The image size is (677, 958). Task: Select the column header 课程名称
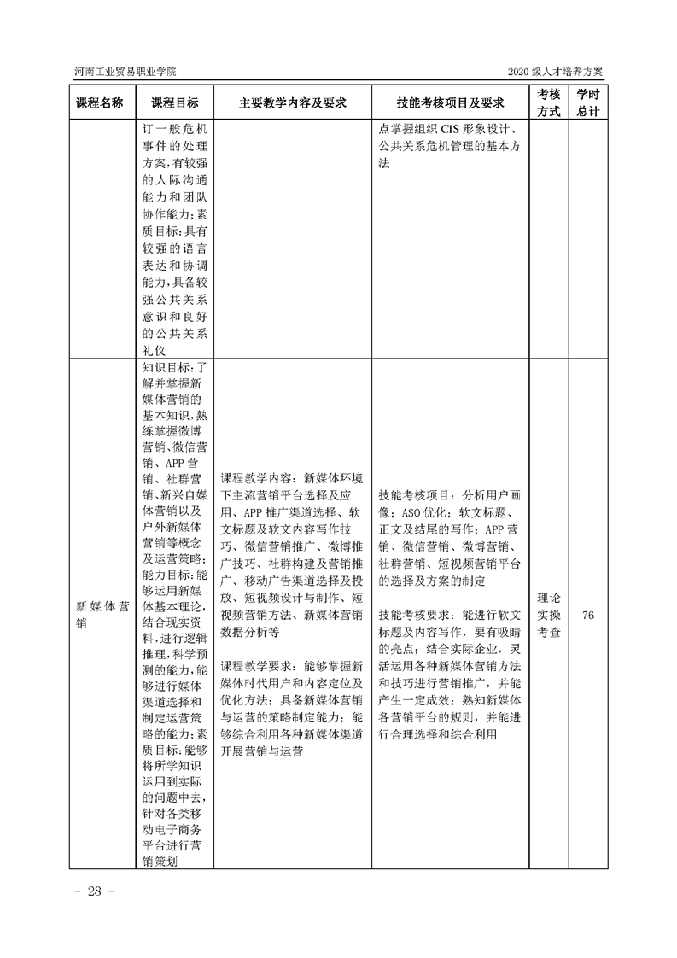100,102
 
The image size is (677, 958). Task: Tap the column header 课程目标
175,102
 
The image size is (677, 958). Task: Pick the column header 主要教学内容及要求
292,102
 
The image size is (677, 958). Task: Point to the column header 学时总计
587,102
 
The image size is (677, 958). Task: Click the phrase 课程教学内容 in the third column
256,477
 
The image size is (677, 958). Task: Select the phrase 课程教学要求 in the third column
256,665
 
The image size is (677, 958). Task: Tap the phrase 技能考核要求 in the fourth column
414,614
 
